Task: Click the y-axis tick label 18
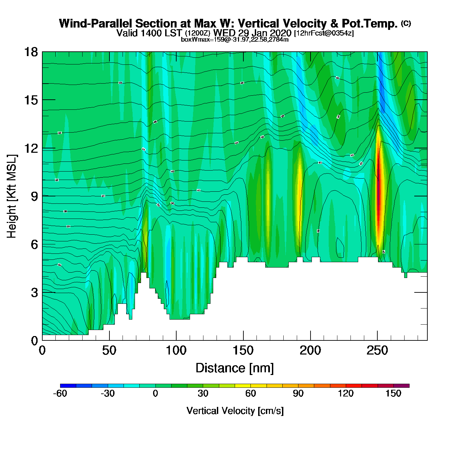31,52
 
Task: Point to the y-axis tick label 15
31,100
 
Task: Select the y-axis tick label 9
34,196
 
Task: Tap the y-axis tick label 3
34,293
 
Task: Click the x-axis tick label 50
109,351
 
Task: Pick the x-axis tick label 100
176,351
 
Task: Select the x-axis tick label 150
243,351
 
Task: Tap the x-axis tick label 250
377,351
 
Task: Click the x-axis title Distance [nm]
235,368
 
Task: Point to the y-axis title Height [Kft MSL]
12,196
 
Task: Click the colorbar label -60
60,393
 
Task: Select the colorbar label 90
298,393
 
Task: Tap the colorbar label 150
393,393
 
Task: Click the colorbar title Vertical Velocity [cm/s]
235,411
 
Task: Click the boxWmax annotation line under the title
235,40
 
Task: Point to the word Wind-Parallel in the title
96,23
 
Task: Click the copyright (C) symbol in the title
406,23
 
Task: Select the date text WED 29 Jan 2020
252,33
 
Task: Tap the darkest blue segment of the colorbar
68,386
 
